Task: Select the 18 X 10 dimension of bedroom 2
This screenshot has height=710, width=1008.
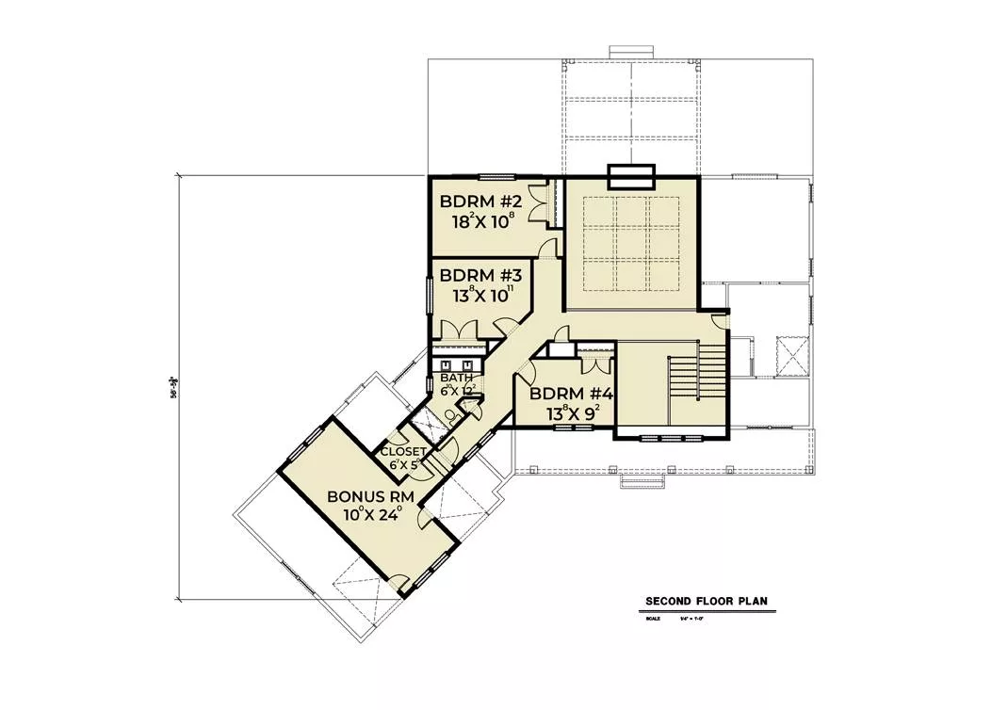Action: click(x=480, y=223)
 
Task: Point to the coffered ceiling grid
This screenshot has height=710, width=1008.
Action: click(x=629, y=243)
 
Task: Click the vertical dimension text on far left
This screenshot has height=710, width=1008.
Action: click(x=173, y=386)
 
